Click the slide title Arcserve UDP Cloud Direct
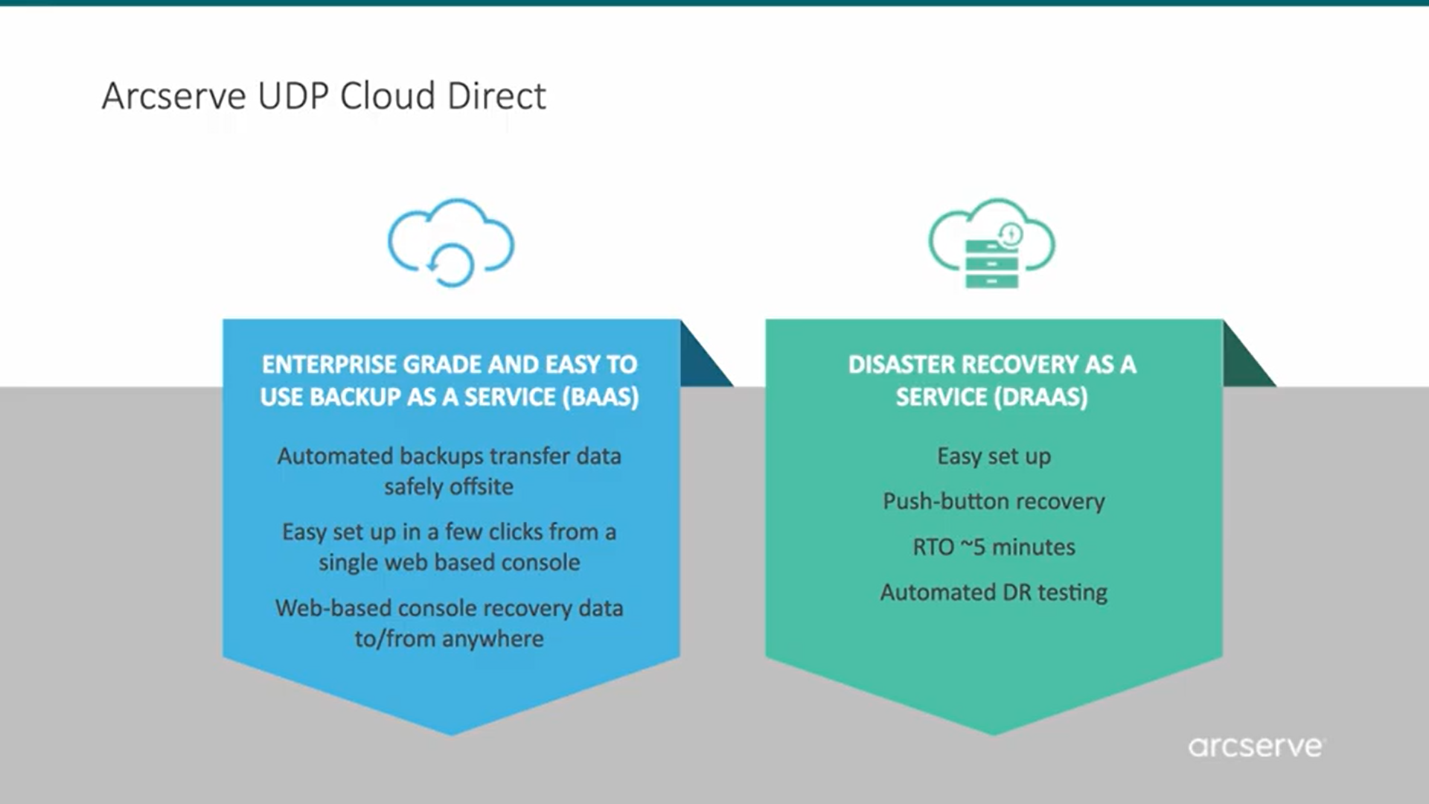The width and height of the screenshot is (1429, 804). point(324,96)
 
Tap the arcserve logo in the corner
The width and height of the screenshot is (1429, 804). point(1256,746)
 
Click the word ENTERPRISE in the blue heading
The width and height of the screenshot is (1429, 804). point(328,364)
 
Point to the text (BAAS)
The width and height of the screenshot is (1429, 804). point(600,397)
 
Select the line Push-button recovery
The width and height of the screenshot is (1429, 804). point(994,501)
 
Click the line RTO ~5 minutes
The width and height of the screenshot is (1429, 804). point(994,546)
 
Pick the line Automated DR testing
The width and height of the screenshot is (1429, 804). point(994,592)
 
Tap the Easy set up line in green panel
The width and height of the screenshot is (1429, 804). point(994,456)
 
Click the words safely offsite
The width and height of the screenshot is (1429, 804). point(449,486)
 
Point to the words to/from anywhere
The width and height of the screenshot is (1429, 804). point(449,638)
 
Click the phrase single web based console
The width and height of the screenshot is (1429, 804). point(449,562)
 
